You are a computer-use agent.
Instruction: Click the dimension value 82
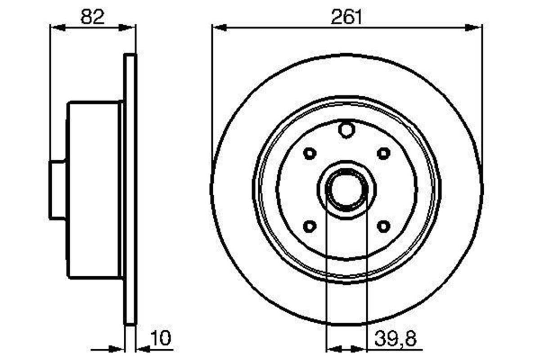point(92,17)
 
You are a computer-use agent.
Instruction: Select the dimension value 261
point(346,17)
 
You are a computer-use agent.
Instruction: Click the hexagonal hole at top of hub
point(346,130)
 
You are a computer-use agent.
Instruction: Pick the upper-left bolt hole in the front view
point(310,153)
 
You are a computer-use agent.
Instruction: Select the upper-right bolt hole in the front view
point(383,153)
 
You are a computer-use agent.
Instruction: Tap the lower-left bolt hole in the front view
point(310,226)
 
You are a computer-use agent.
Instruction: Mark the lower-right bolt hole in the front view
point(383,226)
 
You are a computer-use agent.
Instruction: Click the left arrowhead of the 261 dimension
point(218,27)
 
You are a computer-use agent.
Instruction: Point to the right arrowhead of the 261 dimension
point(475,27)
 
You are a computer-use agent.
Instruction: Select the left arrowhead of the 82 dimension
point(56,27)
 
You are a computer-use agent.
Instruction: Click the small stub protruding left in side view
point(58,189)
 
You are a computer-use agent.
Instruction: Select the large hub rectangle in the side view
point(94,189)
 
